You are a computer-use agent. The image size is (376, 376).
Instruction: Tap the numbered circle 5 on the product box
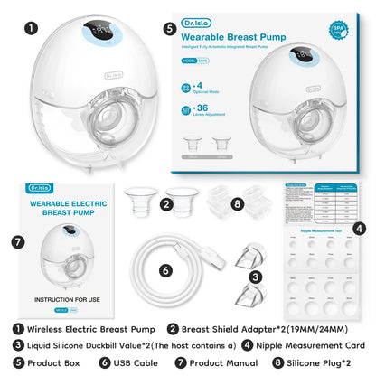point(170,29)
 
